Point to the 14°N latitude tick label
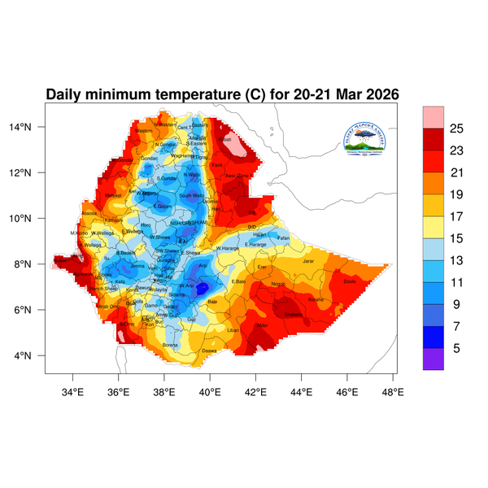pyautogui.click(x=31, y=127)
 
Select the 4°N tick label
pyautogui.click(x=33, y=356)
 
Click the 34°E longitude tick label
pyautogui.click(x=73, y=391)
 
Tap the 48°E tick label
pyautogui.click(x=394, y=391)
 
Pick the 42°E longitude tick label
pyautogui.click(x=256, y=391)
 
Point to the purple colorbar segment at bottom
pyautogui.click(x=434, y=359)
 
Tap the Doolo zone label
pyautogui.click(x=350, y=281)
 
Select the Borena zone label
pyautogui.click(x=171, y=345)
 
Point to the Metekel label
pyautogui.click(x=113, y=195)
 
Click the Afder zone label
pyautogui.click(x=262, y=325)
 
